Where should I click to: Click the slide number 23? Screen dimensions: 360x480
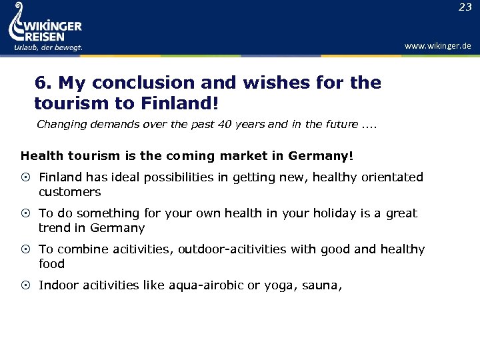(465, 7)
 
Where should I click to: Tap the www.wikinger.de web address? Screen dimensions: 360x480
(437, 45)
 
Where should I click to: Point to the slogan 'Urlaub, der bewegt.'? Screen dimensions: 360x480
(48, 47)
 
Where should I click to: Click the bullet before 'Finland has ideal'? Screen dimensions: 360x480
(26, 177)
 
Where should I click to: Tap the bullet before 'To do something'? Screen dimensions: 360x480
(26, 213)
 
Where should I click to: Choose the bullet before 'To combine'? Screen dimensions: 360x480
(26, 249)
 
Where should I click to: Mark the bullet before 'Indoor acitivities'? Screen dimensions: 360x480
(26, 285)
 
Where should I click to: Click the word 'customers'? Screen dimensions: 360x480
(69, 192)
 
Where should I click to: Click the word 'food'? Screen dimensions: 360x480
(51, 264)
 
